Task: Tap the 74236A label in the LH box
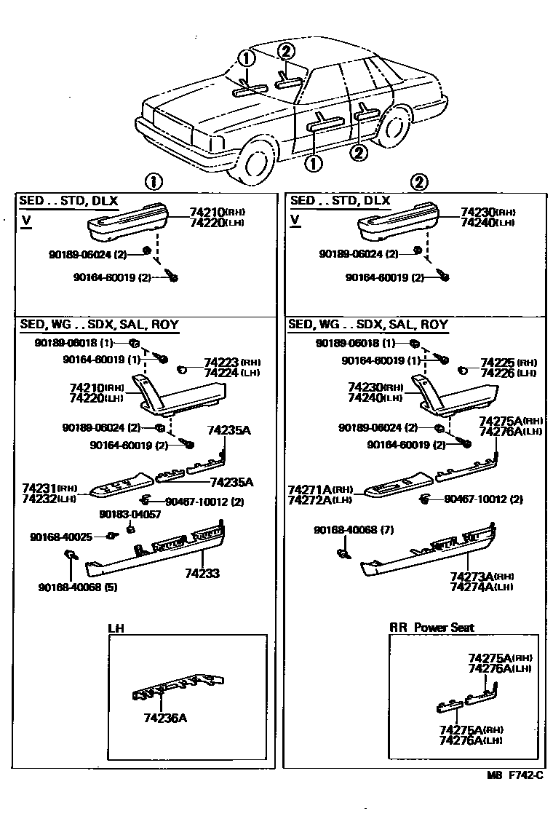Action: click(x=165, y=718)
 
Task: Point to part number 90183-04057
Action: click(x=124, y=514)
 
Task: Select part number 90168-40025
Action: click(x=61, y=537)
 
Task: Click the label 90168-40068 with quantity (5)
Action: click(x=72, y=587)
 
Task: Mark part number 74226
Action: click(x=497, y=373)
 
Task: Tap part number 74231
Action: click(x=39, y=488)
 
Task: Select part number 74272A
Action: click(x=310, y=499)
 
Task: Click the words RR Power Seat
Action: click(x=432, y=627)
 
